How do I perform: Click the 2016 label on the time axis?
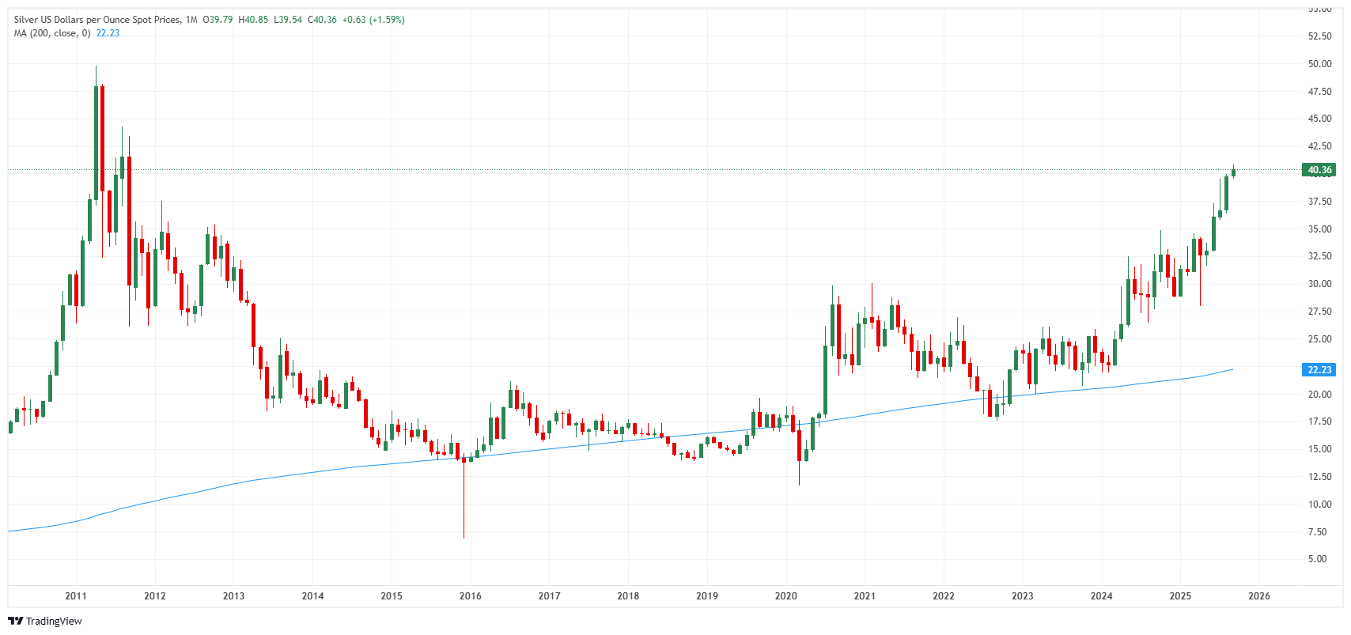[x=470, y=596]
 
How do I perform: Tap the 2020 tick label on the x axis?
[x=785, y=596]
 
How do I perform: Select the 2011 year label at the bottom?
[x=76, y=596]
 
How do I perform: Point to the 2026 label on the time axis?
[x=1258, y=596]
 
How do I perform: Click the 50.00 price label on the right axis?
[x=1319, y=64]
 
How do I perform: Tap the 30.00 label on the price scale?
[x=1319, y=284]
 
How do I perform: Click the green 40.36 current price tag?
[x=1319, y=170]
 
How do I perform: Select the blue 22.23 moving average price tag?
[x=1319, y=370]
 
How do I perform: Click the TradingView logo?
[x=45, y=621]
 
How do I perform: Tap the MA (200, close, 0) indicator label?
[x=52, y=33]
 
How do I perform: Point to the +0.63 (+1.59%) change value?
[x=373, y=20]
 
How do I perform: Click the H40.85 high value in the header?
[x=253, y=20]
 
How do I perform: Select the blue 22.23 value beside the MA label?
[x=108, y=33]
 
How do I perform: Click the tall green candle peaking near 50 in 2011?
[x=96, y=142]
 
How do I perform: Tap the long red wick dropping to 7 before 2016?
[x=464, y=498]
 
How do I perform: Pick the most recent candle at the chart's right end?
[x=1233, y=172]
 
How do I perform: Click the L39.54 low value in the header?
[x=288, y=20]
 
